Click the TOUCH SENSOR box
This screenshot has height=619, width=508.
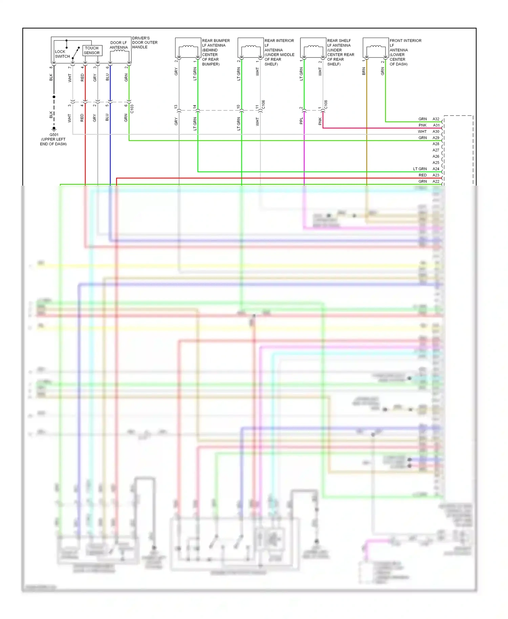click(92, 50)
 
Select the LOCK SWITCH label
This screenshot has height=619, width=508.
click(62, 54)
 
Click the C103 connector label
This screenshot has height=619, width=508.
click(132, 109)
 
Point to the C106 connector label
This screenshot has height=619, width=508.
click(263, 105)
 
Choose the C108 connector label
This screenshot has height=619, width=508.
click(326, 105)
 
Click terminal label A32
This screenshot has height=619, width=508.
click(436, 119)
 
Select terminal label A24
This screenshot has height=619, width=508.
click(436, 169)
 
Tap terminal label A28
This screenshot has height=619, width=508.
click(436, 144)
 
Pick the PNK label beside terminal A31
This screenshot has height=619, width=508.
click(423, 125)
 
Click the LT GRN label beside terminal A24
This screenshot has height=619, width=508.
click(420, 169)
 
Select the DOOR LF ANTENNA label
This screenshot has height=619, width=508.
click(119, 45)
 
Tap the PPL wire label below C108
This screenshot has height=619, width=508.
click(301, 121)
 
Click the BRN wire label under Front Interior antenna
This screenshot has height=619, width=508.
click(364, 71)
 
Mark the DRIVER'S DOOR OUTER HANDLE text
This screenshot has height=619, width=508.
click(145, 43)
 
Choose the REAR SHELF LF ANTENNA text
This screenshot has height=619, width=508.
click(340, 52)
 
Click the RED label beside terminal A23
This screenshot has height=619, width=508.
click(423, 175)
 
